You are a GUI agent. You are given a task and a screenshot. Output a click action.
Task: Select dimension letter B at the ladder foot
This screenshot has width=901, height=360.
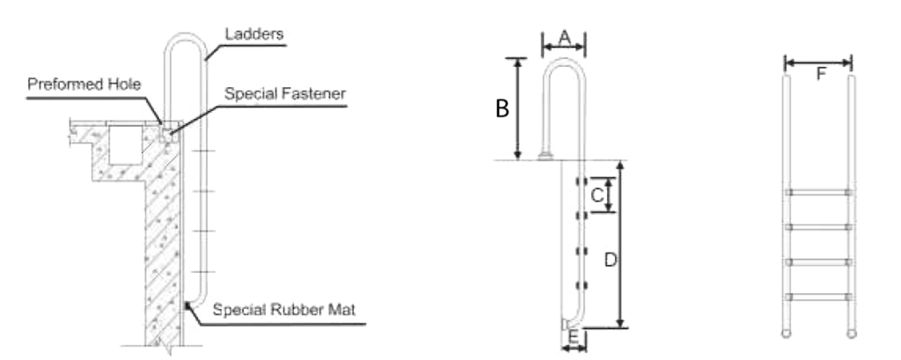click(x=575, y=337)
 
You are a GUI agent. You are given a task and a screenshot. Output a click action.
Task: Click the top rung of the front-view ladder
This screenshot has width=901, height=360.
click(x=819, y=191)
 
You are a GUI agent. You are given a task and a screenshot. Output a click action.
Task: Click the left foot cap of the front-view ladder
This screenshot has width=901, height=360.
click(x=787, y=334)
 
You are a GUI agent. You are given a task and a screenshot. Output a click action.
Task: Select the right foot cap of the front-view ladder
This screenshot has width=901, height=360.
click(x=851, y=334)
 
